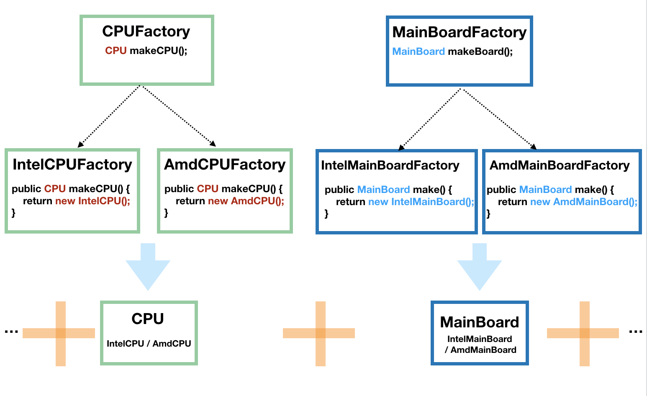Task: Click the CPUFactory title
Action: pos(146,31)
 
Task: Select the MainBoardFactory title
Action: pos(459,32)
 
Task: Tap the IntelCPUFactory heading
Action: pos(72,165)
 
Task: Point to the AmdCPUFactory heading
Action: pos(225,165)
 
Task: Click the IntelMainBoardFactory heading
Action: pos(390,165)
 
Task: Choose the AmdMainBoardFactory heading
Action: pos(560,165)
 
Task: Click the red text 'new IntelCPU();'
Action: pos(93,201)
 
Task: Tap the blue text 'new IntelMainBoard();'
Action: pos(421,202)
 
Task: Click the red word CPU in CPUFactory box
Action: pos(116,51)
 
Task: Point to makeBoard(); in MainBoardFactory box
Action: pos(480,51)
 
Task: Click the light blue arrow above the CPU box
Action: pos(148,268)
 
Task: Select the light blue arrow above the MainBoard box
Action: pos(480,268)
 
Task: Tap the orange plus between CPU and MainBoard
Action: pos(320,333)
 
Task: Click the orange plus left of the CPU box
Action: pos(60,333)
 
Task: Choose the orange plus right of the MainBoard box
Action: pos(584,333)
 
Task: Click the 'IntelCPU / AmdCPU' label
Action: pos(149,344)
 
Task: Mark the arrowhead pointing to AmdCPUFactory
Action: pos(213,144)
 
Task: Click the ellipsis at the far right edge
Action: pos(635,332)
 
